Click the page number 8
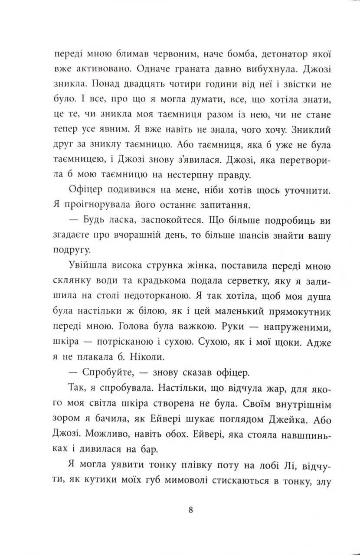(191, 510)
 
